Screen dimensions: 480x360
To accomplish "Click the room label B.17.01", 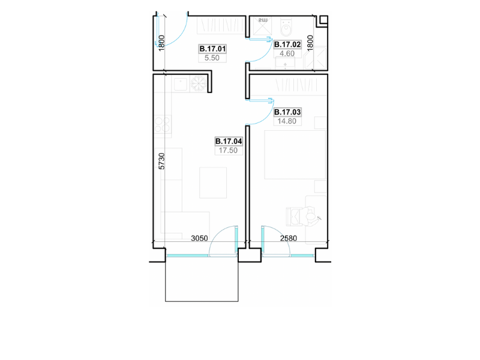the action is pos(212,49).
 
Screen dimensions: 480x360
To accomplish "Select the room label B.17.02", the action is pos(287,44).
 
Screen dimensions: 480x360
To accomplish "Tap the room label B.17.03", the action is pos(287,112).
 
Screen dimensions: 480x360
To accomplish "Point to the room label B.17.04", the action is pos(229,141).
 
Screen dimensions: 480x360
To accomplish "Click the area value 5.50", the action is pos(212,58).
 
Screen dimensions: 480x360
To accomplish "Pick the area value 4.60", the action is pos(287,53).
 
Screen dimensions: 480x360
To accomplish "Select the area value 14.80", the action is pos(287,121).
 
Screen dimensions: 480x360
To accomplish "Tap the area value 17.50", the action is pos(229,151).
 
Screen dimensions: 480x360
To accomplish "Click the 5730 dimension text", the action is pos(161,161).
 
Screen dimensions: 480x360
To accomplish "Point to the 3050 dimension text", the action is pos(199,238).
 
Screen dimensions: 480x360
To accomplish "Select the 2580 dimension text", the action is pos(289,238).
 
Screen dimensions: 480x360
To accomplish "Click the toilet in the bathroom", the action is pos(287,27).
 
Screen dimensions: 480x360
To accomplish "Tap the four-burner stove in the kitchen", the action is pos(162,124).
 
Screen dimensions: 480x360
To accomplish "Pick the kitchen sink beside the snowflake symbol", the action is pos(181,84).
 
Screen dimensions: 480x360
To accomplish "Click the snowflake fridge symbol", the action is pos(199,84).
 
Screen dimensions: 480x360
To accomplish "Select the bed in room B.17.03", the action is pos(295,155).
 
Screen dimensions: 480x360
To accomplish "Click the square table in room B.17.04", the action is pos(213,182).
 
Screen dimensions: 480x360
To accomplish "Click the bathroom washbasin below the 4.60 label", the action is pos(286,64).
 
